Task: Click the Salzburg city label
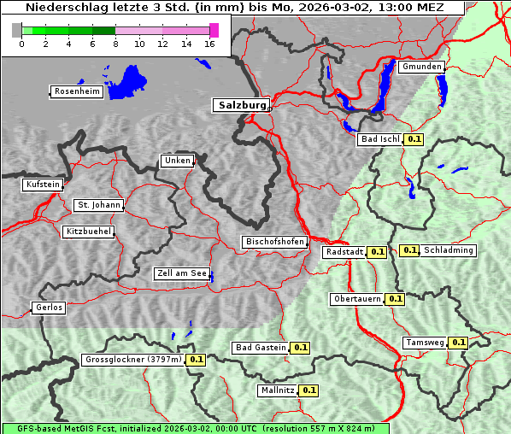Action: [x=241, y=105]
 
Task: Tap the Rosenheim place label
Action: [x=76, y=91]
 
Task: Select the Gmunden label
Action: [x=421, y=67]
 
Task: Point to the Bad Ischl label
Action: [x=380, y=139]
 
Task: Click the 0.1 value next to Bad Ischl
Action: [x=414, y=139]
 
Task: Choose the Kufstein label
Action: [x=43, y=185]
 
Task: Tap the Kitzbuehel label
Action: [x=88, y=232]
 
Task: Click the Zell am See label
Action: [x=182, y=273]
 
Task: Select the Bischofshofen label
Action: [x=274, y=243]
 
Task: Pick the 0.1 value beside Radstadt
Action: [x=377, y=252]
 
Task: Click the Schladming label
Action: [x=449, y=250]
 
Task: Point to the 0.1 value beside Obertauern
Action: [x=395, y=299]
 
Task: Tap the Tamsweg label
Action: [x=425, y=343]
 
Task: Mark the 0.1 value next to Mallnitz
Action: [x=309, y=390]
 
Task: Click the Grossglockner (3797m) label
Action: [x=133, y=360]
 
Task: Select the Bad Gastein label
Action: [x=261, y=348]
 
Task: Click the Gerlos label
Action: [x=49, y=308]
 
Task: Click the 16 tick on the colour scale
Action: [x=210, y=44]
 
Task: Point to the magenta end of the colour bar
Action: [x=214, y=30]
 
